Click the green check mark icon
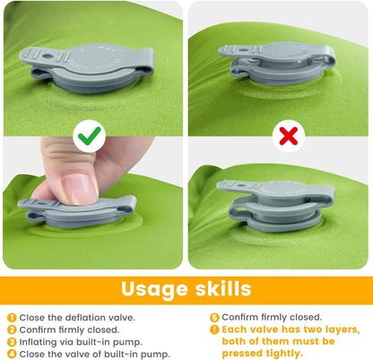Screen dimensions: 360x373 point(90,136)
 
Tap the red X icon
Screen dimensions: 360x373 point(288,136)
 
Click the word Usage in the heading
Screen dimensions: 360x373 point(155,289)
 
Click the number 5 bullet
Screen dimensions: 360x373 point(214,317)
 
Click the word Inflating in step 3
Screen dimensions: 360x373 point(39,341)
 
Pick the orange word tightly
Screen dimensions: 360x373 point(281,353)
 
